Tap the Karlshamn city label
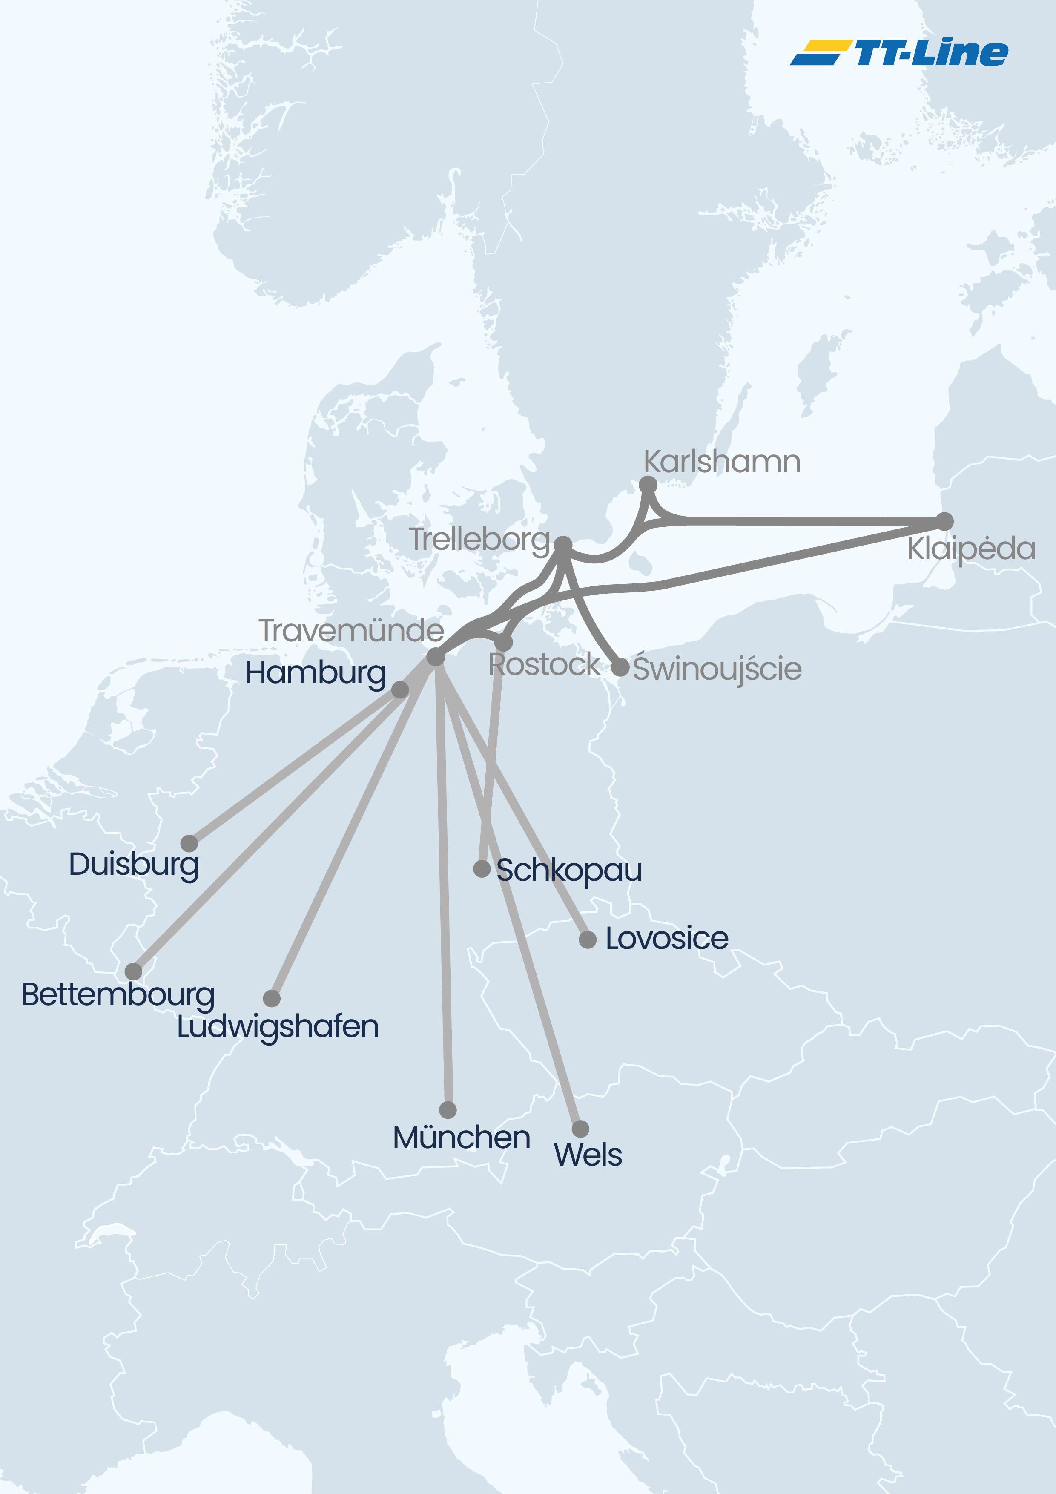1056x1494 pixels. point(722,462)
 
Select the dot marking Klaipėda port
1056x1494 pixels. point(944,521)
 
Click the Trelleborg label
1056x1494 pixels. point(479,540)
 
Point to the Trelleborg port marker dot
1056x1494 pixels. point(563,545)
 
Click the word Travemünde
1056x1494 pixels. point(351,631)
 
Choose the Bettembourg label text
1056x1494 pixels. point(118,995)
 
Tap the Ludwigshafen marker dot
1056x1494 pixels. point(272,998)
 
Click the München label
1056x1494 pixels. point(461,1138)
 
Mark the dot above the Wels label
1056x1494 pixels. point(580,1129)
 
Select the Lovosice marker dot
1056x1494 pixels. point(588,939)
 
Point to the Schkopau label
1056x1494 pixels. point(569,871)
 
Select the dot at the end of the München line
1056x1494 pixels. point(448,1109)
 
